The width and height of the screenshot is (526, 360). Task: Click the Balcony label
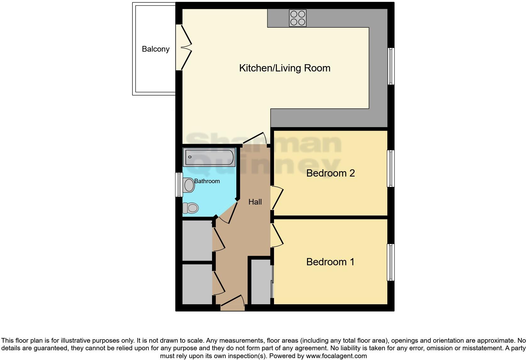click(x=155, y=49)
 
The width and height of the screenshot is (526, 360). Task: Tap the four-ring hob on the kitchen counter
click(x=298, y=18)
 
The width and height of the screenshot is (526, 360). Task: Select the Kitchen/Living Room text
click(x=285, y=68)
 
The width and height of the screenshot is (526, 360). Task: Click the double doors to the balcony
click(x=186, y=48)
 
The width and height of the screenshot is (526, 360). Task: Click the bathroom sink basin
click(x=189, y=185)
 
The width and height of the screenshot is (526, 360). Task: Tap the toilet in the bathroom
click(x=191, y=208)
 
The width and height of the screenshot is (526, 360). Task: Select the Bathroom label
click(x=207, y=181)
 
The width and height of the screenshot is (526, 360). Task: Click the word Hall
click(x=255, y=202)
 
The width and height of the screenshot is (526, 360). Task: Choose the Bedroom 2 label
click(x=330, y=173)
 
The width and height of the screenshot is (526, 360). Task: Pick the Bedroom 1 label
click(x=330, y=262)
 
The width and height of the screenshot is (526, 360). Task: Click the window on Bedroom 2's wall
click(x=390, y=169)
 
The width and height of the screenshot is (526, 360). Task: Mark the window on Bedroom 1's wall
click(x=390, y=262)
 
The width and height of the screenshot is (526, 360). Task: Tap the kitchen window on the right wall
click(x=391, y=66)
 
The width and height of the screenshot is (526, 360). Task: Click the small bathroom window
click(x=179, y=185)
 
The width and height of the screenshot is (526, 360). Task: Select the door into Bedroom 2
click(x=277, y=198)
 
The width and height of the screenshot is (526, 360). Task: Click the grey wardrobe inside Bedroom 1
click(x=260, y=282)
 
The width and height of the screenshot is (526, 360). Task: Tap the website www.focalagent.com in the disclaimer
click(x=336, y=356)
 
